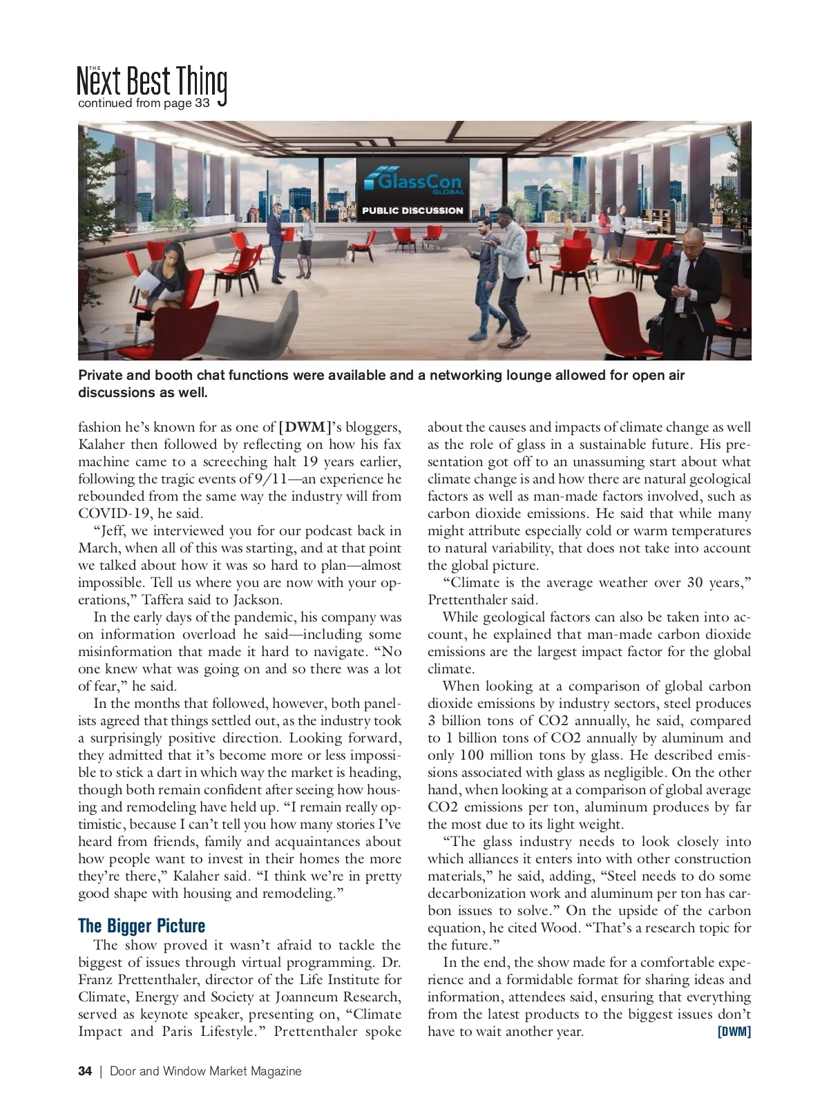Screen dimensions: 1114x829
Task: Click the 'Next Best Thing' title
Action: click(x=152, y=81)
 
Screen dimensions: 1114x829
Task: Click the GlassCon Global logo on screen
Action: click(x=413, y=183)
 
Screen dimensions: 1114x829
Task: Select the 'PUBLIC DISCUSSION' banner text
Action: click(x=412, y=211)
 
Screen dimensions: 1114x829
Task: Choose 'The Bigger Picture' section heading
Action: click(x=142, y=926)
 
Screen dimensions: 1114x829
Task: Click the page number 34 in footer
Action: click(x=85, y=1071)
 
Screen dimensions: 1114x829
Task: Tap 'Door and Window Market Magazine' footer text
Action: click(x=206, y=1071)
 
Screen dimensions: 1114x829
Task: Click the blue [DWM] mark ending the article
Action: click(x=734, y=1032)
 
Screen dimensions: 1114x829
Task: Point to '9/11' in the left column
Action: click(x=271, y=479)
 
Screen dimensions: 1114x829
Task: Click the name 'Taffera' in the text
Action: click(x=163, y=599)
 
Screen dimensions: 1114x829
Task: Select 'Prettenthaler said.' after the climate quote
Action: click(x=483, y=599)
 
